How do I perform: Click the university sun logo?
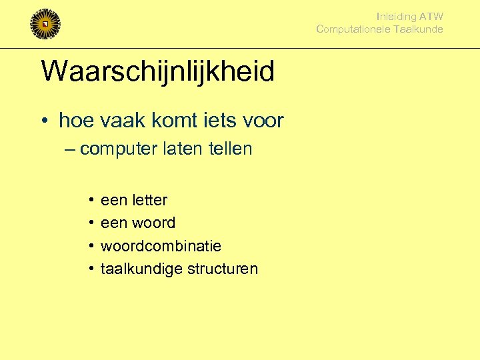point(45,24)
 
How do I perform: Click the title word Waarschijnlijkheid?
point(157,71)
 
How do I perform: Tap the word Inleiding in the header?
point(396,17)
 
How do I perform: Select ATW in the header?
point(431,17)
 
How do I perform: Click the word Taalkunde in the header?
point(418,29)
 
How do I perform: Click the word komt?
point(164,121)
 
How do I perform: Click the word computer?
point(118,149)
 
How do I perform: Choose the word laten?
point(181,148)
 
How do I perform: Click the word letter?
point(150,200)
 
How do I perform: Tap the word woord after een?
point(153,223)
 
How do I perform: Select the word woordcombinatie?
point(161,246)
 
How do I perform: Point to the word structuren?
point(222,269)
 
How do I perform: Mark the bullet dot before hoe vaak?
point(43,121)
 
